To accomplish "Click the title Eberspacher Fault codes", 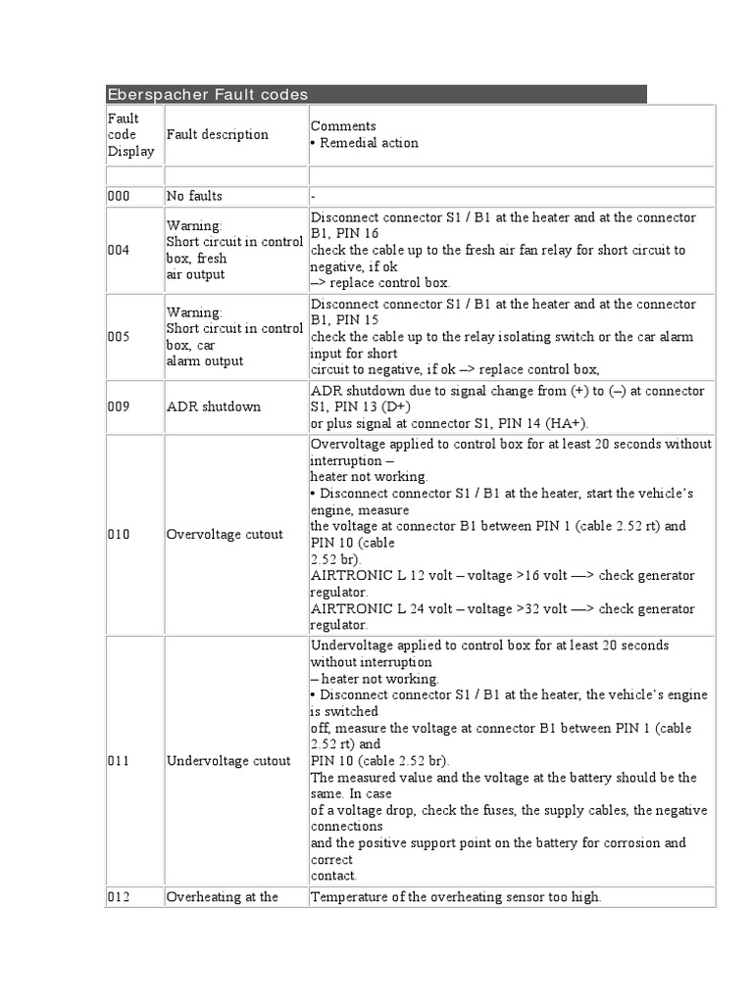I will click(x=207, y=95).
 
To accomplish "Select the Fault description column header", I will click(x=217, y=134).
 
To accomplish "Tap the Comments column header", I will click(x=343, y=126).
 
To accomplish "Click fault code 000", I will click(x=119, y=196).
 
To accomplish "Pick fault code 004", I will click(x=119, y=250).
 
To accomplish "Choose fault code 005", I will click(x=119, y=337).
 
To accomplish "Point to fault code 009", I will click(x=119, y=406).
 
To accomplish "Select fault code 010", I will click(x=119, y=535).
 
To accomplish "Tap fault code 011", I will click(x=119, y=760).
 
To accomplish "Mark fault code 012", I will click(x=119, y=896).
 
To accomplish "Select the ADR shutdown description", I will click(x=213, y=406).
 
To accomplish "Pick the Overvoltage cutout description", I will click(x=225, y=535).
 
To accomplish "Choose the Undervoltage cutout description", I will click(x=228, y=760).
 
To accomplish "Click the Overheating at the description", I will click(x=223, y=896).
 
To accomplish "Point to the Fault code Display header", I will click(x=130, y=134).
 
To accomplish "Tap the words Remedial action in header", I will click(x=369, y=143).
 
